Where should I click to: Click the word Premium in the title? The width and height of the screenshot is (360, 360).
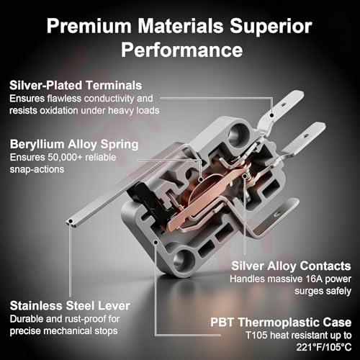pyautogui.click(x=89, y=26)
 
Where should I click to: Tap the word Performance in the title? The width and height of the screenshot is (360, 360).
pyautogui.click(x=181, y=50)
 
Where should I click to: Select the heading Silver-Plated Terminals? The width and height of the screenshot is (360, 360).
pyautogui.click(x=76, y=86)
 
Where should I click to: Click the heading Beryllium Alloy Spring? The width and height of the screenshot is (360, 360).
pyautogui.click(x=74, y=145)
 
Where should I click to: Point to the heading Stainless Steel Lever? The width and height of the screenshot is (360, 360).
pyautogui.click(x=70, y=306)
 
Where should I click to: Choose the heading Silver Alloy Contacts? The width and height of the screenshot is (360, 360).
pyautogui.click(x=291, y=266)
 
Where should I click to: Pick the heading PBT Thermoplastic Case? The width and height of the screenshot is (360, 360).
pyautogui.click(x=281, y=323)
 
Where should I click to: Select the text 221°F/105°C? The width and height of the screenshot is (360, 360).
pyautogui.click(x=324, y=347)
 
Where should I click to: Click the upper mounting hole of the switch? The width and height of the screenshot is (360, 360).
pyautogui.click(x=238, y=134)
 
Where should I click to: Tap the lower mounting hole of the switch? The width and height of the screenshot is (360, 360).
pyautogui.click(x=184, y=260)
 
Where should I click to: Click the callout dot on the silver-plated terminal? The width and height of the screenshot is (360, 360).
pyautogui.click(x=271, y=115)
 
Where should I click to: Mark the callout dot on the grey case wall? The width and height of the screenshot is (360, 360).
pyautogui.click(x=156, y=242)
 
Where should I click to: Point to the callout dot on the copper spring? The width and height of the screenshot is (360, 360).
pyautogui.click(x=201, y=179)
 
